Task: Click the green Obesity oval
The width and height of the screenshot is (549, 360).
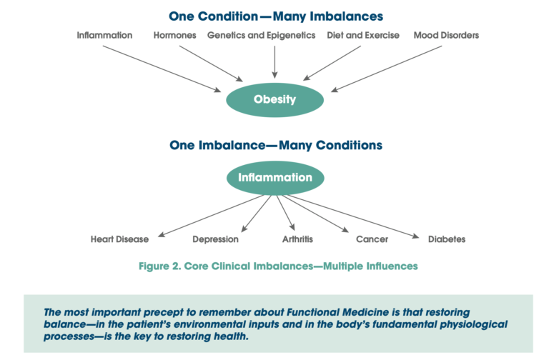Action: click(x=274, y=100)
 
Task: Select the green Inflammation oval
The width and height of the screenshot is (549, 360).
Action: click(x=274, y=177)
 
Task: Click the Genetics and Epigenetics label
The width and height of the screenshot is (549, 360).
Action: click(x=261, y=35)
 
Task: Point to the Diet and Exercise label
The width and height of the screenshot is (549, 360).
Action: click(x=363, y=35)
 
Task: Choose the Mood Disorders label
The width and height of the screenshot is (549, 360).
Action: click(x=446, y=35)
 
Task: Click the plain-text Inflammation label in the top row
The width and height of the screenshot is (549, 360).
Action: click(x=104, y=35)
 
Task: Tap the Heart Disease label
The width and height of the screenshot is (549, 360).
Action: click(x=119, y=239)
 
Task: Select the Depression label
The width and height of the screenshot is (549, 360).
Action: click(x=215, y=239)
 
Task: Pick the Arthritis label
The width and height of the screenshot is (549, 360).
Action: click(x=297, y=239)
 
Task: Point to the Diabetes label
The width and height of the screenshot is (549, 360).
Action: click(x=446, y=239)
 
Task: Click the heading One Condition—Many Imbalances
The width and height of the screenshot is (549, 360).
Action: click(x=275, y=16)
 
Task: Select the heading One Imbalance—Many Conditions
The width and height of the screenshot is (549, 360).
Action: click(x=275, y=145)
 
